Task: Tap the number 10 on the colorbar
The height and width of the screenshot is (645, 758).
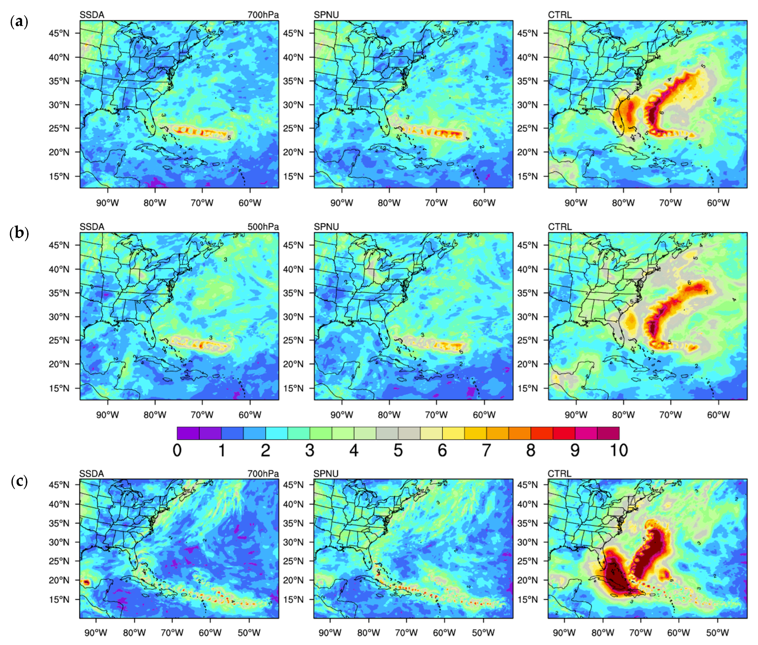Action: [x=618, y=450]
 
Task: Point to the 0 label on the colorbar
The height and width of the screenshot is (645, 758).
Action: [x=177, y=450]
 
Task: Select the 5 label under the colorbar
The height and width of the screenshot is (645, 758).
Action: [x=398, y=450]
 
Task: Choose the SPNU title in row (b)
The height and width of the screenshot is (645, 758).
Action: [x=326, y=227]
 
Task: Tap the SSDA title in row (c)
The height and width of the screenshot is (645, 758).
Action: [x=92, y=474]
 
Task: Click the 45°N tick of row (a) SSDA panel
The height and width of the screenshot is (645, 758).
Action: [x=59, y=33]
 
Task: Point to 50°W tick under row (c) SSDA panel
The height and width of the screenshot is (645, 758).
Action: [x=249, y=633]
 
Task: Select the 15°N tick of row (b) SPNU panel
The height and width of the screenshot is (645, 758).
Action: [x=293, y=388]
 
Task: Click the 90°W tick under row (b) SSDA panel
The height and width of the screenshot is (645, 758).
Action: [x=107, y=415]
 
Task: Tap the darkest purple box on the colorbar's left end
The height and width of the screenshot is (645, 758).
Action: [x=188, y=433]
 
